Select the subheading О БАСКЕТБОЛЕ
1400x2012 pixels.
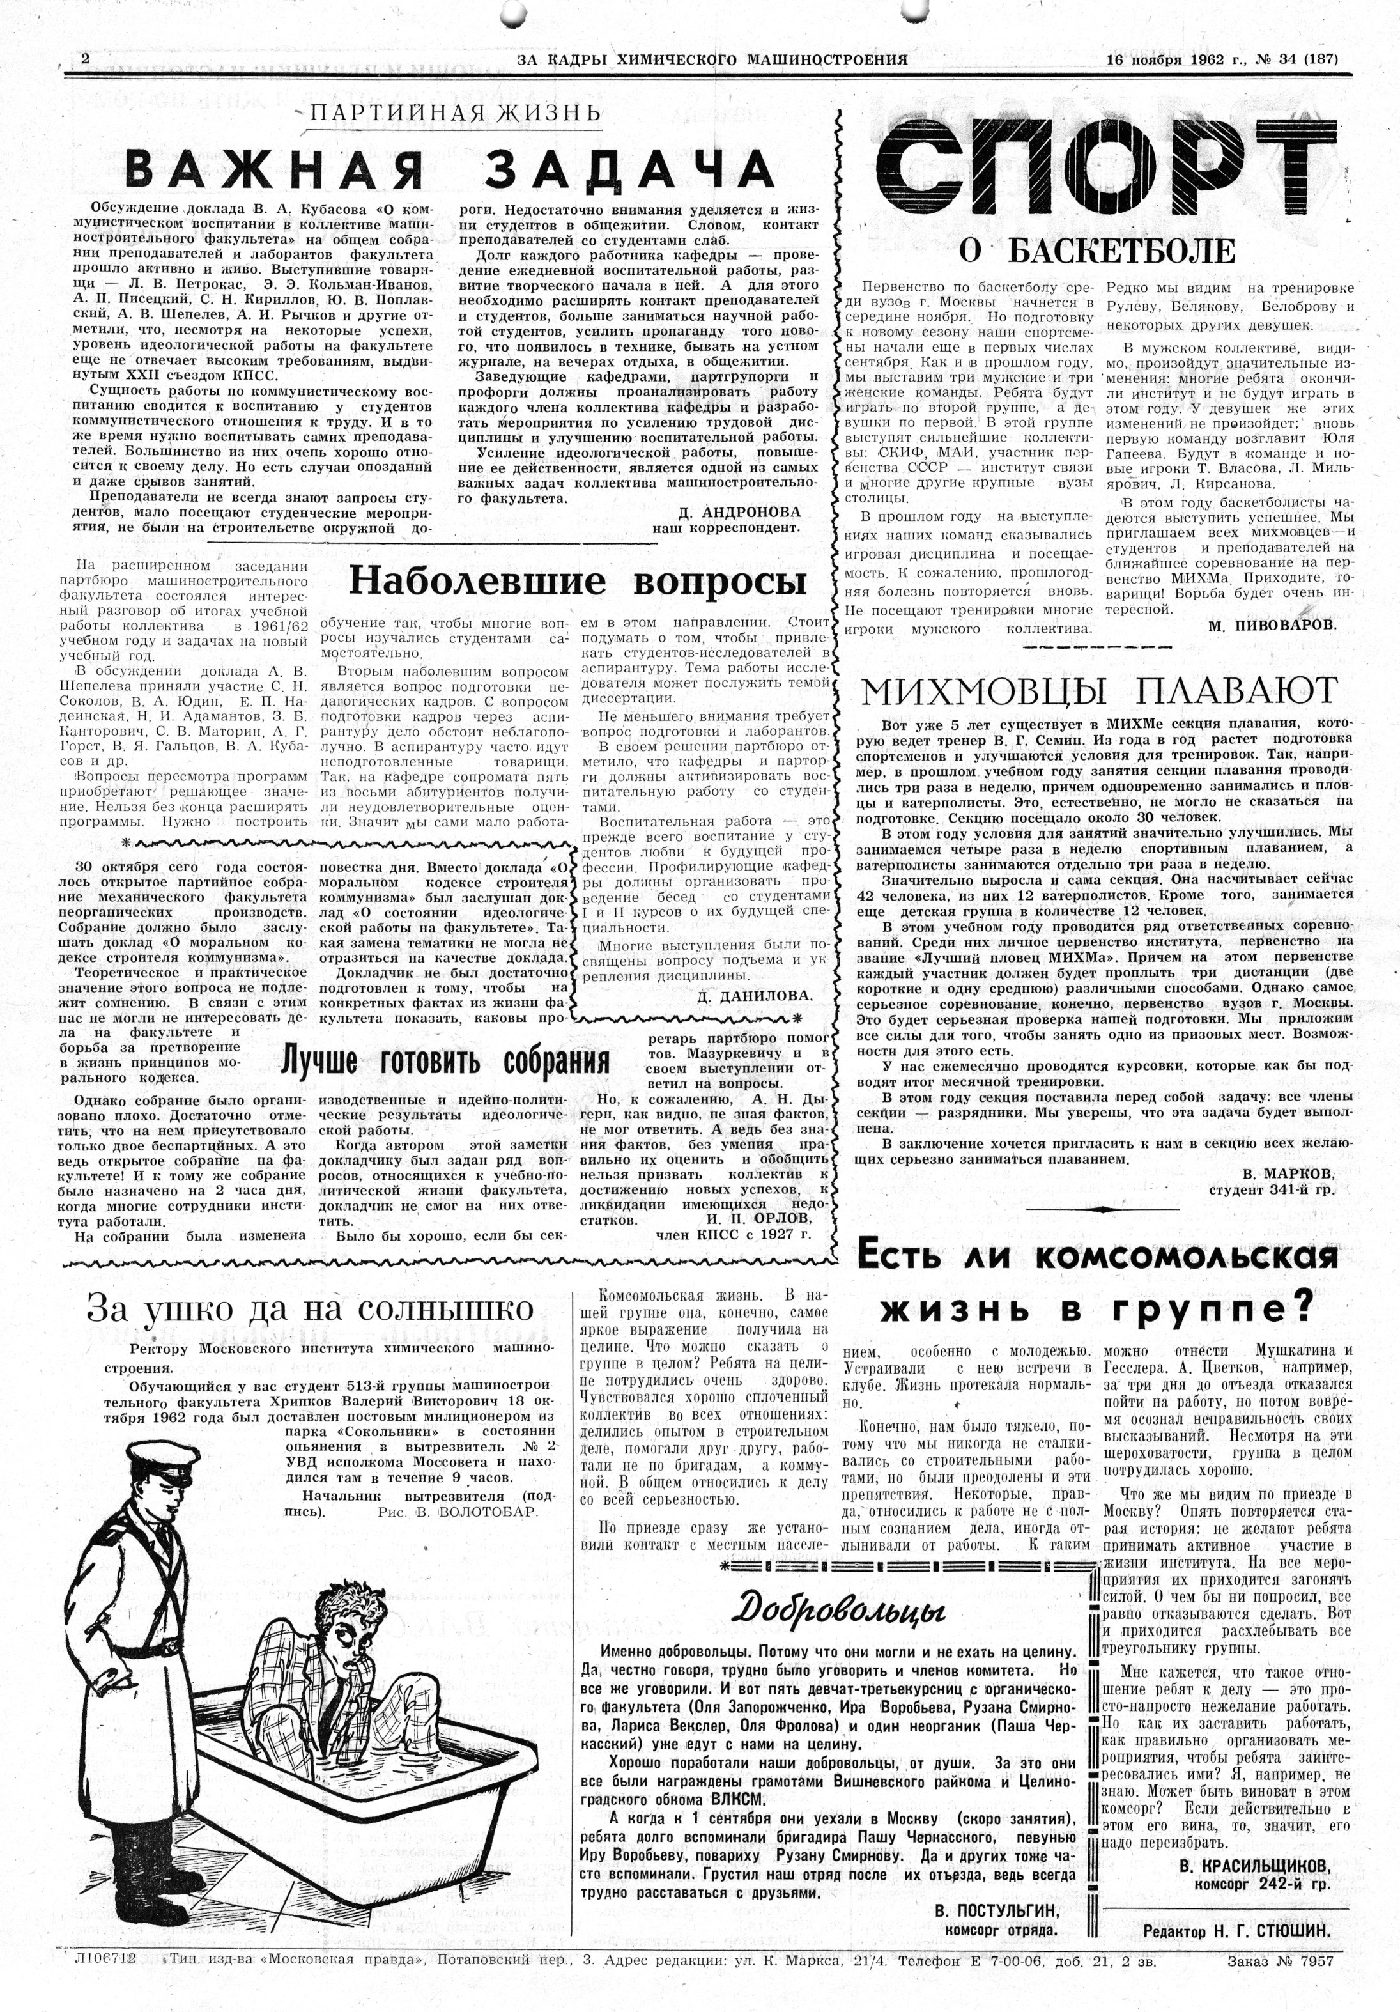pos(1097,252)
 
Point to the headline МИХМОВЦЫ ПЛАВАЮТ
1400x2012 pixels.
pos(1100,692)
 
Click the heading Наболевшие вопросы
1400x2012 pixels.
pos(578,581)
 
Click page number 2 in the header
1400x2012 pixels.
pos(85,59)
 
